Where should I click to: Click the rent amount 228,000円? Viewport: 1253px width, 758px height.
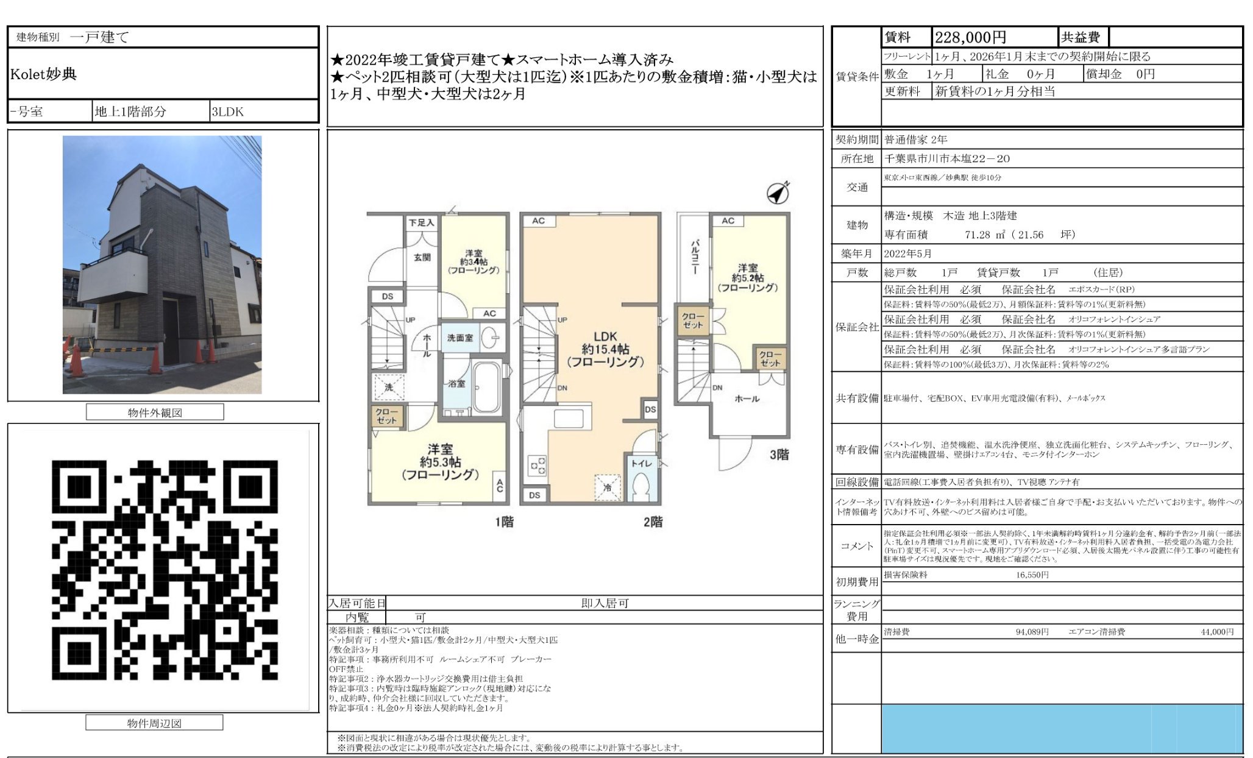click(970, 38)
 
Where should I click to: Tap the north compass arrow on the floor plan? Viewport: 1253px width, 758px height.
click(778, 193)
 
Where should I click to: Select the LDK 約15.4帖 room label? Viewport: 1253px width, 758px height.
click(605, 349)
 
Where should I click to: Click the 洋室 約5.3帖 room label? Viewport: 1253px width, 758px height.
click(439, 462)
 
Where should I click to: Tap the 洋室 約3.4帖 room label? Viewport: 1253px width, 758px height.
click(474, 261)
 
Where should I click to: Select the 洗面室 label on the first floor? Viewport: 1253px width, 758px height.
click(460, 337)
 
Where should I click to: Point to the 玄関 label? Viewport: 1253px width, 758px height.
click(422, 257)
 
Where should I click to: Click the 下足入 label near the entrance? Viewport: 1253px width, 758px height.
click(421, 223)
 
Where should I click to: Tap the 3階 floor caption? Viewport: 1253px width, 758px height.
click(779, 455)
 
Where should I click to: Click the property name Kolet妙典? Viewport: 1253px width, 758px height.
click(43, 74)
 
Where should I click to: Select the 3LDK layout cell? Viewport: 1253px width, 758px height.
click(227, 112)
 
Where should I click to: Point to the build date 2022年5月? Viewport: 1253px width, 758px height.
click(907, 253)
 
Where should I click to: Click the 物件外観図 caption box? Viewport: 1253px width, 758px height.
click(155, 413)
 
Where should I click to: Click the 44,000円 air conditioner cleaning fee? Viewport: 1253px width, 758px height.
click(1216, 632)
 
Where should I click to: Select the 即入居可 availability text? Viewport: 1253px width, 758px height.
click(604, 603)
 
